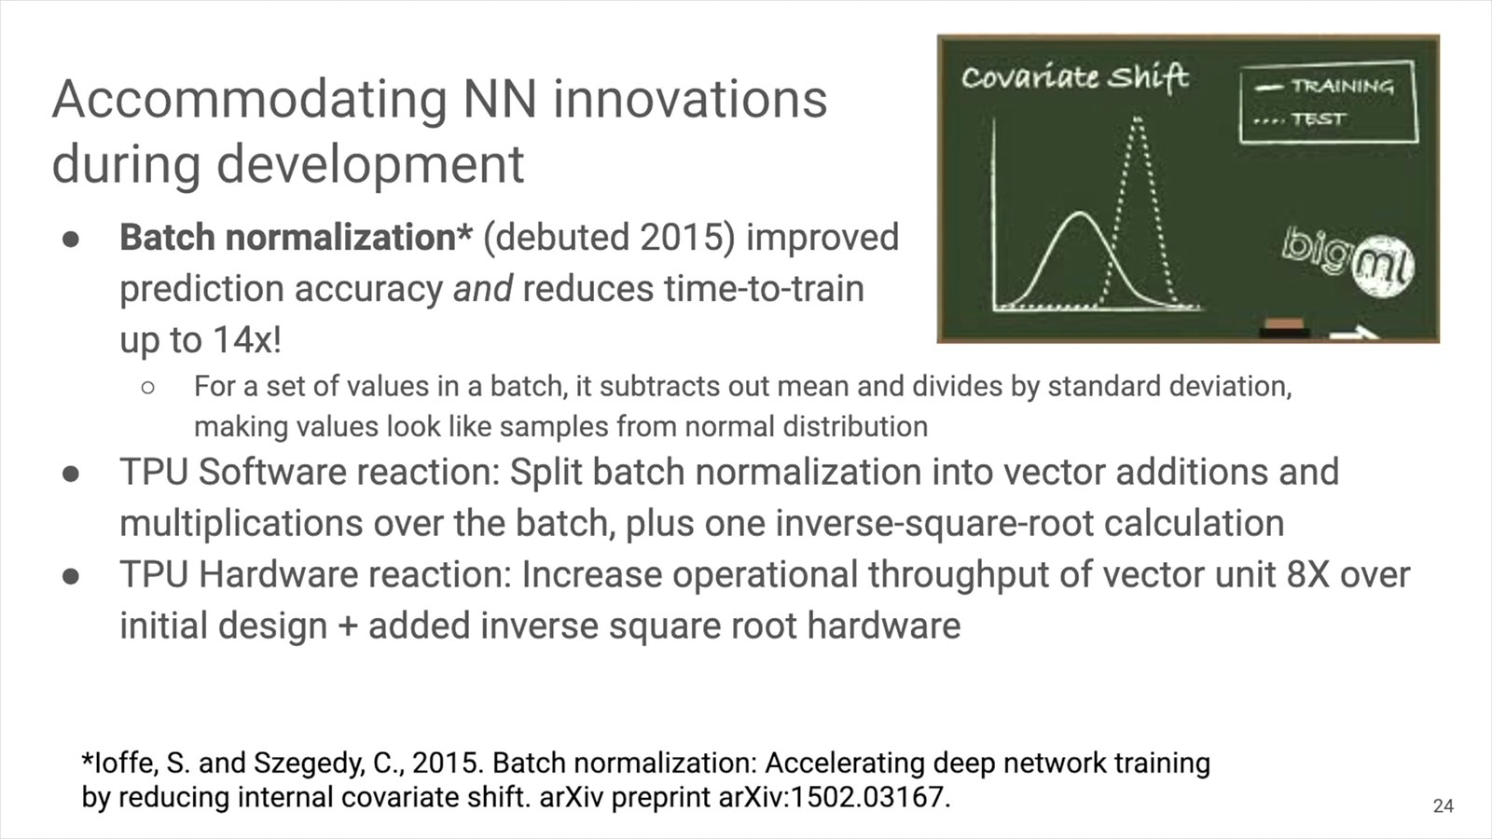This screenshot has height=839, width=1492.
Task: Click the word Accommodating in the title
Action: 250,101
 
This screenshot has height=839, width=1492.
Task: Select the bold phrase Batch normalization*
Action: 297,237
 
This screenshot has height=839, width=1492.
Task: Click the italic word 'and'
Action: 483,289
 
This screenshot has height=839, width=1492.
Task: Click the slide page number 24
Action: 1443,806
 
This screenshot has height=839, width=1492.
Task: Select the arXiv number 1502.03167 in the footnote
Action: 866,797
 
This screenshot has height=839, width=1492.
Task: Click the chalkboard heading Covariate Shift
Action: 1073,77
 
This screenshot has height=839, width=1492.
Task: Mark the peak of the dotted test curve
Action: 1137,119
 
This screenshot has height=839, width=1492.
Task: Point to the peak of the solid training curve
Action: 1080,213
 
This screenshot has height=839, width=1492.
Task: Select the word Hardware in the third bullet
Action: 279,574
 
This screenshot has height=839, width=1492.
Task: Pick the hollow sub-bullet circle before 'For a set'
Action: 148,388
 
